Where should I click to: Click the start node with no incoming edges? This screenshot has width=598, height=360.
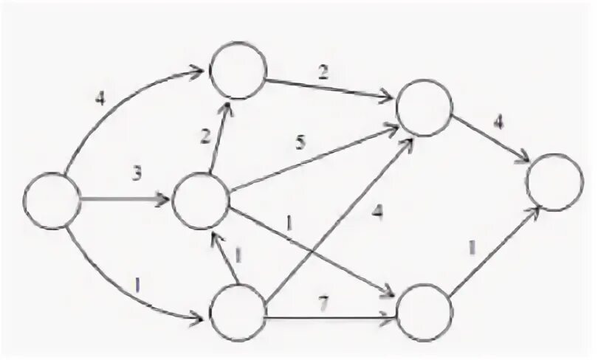52,200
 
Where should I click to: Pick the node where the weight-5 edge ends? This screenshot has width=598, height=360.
425,107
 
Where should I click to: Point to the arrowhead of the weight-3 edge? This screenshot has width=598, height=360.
167,200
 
